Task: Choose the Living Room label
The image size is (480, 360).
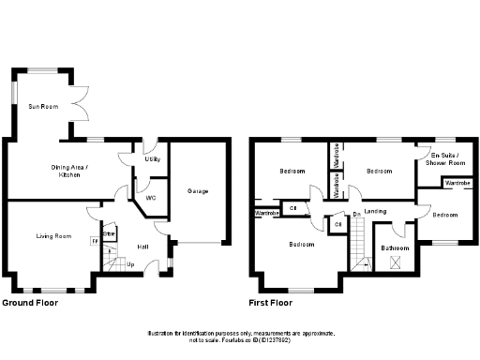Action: pos(53,236)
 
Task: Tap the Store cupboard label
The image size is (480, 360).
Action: pos(108,233)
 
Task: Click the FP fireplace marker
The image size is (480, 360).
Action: pos(95,242)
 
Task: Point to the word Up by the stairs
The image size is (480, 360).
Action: pos(129,265)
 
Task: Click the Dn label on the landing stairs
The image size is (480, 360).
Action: pos(357,216)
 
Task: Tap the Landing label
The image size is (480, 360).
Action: pos(376,211)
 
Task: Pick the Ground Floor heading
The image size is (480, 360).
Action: pos(30,304)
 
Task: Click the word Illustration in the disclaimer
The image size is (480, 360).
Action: pos(161,334)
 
